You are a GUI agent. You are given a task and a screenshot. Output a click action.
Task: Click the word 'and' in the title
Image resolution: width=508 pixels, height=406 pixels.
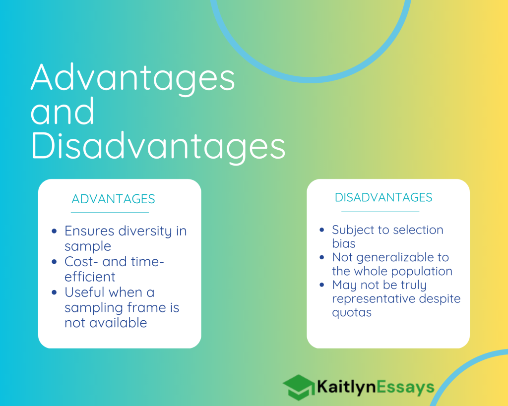point(63,111)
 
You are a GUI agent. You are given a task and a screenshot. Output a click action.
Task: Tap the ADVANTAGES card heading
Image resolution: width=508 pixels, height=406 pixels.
point(114,199)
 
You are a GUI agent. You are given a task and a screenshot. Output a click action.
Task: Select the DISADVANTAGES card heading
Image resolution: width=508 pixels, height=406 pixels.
point(383,197)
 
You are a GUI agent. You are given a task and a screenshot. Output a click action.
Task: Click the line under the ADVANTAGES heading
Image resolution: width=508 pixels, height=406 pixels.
point(110,213)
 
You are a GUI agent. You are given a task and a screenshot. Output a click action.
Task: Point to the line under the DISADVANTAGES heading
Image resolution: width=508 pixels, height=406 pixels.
point(381,212)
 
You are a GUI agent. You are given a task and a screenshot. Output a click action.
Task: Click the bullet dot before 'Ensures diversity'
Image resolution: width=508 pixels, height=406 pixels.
point(54,231)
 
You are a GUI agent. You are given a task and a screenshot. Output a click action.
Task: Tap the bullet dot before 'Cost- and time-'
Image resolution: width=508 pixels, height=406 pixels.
point(54,262)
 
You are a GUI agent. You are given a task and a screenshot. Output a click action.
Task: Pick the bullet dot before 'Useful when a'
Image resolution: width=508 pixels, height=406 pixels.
point(54,292)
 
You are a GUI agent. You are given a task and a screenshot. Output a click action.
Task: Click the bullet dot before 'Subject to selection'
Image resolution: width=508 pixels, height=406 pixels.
point(321,230)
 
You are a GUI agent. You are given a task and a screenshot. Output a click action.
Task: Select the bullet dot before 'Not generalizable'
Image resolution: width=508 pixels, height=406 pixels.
point(321,257)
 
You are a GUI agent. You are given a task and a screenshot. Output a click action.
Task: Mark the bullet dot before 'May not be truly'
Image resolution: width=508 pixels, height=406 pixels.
point(321,285)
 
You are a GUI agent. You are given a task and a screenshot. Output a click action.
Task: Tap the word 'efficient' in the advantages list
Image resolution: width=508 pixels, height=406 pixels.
point(90,277)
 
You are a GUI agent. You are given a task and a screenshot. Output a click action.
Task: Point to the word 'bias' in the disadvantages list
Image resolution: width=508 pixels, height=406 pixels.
point(344,243)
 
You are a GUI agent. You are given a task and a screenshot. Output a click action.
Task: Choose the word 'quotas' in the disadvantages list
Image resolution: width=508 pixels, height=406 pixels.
point(352,313)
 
